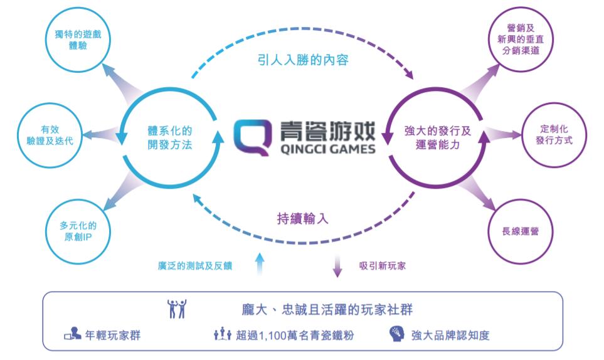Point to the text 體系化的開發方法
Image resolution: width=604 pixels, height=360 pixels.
coord(170,137)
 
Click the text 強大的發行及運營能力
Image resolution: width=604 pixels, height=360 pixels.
coord(438,137)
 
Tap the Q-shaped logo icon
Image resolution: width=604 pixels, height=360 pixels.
coord(252,137)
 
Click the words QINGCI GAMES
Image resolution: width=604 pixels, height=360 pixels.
coord(328,149)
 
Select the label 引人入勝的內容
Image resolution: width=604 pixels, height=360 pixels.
coord(303,60)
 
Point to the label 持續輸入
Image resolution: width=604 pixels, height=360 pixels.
coord(303,219)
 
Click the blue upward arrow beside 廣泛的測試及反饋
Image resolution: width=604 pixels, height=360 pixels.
coord(260,264)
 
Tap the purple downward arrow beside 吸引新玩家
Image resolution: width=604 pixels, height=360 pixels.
coord(337,266)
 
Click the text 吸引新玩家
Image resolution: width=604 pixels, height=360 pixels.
coord(383,266)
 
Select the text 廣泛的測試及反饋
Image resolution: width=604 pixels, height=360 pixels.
coord(195,266)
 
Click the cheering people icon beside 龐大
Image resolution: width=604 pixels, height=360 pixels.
coord(177,309)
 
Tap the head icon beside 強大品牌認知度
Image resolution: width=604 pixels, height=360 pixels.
coord(397,334)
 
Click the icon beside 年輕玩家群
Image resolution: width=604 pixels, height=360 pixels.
coord(72,334)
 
